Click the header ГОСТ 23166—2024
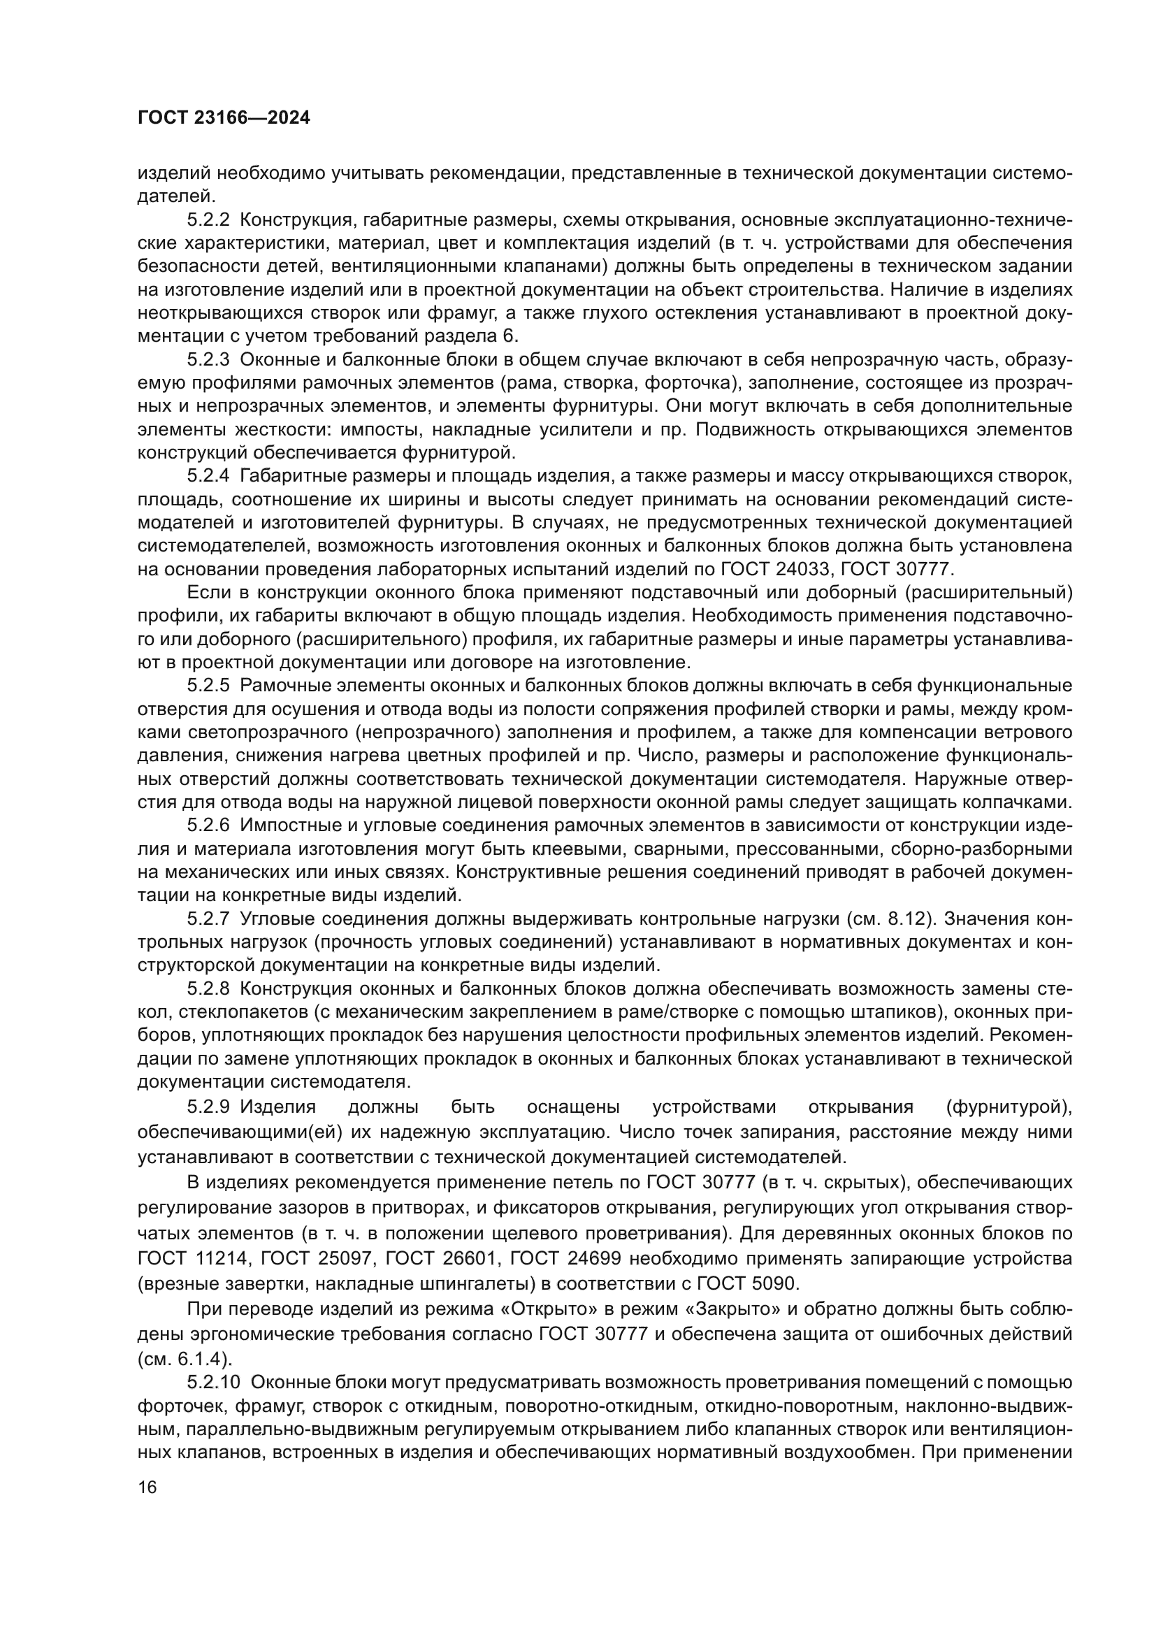[x=224, y=118]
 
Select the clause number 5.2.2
[x=208, y=220]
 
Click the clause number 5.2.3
[x=208, y=359]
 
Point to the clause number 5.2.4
[x=208, y=476]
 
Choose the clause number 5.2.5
[x=208, y=686]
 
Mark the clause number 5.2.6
[x=208, y=826]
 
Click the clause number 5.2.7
[x=208, y=919]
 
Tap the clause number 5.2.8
[x=208, y=989]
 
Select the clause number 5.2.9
[x=208, y=1107]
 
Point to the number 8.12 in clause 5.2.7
[x=908, y=919]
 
